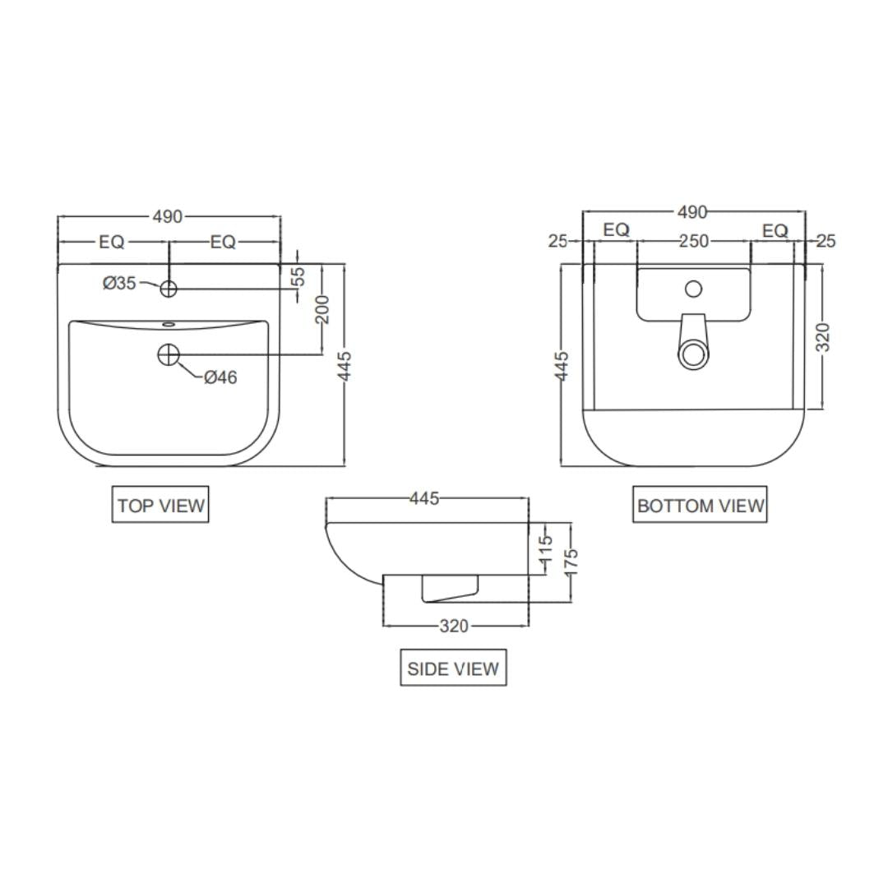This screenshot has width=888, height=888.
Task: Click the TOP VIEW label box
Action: (x=160, y=505)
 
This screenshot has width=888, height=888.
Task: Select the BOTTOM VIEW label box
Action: (x=700, y=505)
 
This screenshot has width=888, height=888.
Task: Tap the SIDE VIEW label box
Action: (x=453, y=668)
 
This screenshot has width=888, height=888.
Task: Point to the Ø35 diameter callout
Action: (x=120, y=283)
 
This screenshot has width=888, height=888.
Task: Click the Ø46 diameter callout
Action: (x=220, y=377)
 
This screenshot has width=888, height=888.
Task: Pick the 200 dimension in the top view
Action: (x=322, y=309)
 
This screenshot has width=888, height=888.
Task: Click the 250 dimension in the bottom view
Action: (x=693, y=241)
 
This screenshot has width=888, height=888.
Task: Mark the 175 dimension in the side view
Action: (x=571, y=563)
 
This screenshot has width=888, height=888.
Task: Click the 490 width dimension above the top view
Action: (x=168, y=217)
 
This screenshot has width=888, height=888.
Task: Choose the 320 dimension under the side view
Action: (x=453, y=626)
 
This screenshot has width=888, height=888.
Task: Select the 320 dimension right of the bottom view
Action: (x=823, y=337)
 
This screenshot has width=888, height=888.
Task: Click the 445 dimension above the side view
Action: (x=424, y=498)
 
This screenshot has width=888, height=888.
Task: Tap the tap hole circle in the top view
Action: (x=169, y=289)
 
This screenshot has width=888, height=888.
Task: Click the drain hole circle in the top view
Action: (x=169, y=354)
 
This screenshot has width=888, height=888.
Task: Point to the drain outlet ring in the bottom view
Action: (x=693, y=355)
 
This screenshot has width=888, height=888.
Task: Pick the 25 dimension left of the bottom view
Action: (x=558, y=241)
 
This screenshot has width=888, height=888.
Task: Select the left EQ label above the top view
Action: (x=112, y=242)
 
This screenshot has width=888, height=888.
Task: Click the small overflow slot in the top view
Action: (x=169, y=324)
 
